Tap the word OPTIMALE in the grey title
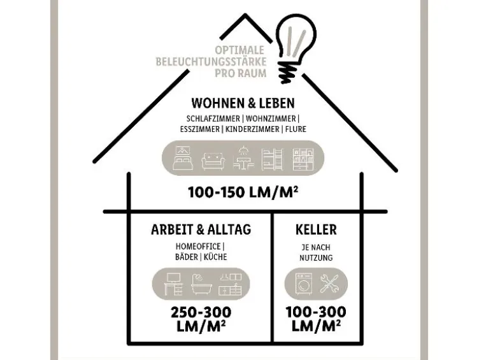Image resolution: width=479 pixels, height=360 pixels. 240,50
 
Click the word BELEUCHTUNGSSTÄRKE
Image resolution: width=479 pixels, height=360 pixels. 211,61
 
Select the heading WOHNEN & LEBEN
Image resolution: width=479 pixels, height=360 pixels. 243,103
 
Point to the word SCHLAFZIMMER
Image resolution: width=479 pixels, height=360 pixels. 213,119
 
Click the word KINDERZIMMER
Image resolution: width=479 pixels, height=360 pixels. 252,129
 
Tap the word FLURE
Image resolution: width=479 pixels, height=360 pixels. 296,129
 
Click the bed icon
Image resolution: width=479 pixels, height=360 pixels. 183,158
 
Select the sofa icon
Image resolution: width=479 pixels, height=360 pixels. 213,161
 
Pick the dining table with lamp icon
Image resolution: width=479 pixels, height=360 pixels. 243,158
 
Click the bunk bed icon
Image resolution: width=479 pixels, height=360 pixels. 273,159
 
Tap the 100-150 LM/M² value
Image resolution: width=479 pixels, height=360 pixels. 243,192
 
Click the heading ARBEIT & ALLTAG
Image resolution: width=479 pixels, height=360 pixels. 201,229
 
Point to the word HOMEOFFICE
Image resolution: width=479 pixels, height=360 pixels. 198,247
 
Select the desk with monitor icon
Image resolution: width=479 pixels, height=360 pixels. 173,284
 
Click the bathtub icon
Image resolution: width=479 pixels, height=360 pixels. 201,285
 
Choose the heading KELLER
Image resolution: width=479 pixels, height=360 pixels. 316,229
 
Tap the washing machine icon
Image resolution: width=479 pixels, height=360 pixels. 304,284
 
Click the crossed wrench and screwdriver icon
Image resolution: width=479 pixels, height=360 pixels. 329,284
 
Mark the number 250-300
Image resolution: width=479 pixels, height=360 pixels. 201,313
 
